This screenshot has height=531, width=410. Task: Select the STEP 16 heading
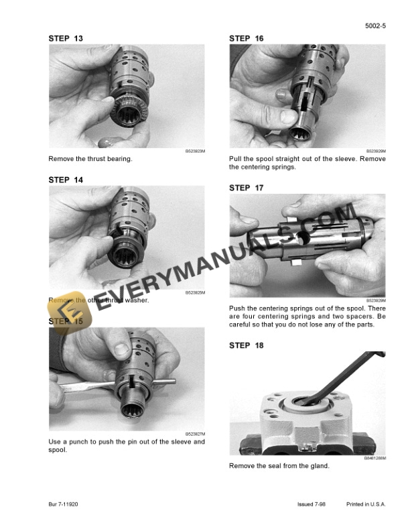point(247,38)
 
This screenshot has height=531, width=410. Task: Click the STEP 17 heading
point(247,188)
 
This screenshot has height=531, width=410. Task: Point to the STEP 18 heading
point(247,345)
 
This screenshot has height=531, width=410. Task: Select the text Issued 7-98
point(313,504)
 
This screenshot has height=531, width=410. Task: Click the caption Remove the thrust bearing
point(90,159)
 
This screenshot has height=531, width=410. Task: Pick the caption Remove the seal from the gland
point(279,465)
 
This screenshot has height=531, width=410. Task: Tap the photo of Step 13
point(127,96)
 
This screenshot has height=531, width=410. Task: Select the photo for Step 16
point(307,96)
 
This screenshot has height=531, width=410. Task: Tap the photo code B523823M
point(194,152)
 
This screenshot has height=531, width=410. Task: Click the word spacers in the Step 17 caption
point(350,316)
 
